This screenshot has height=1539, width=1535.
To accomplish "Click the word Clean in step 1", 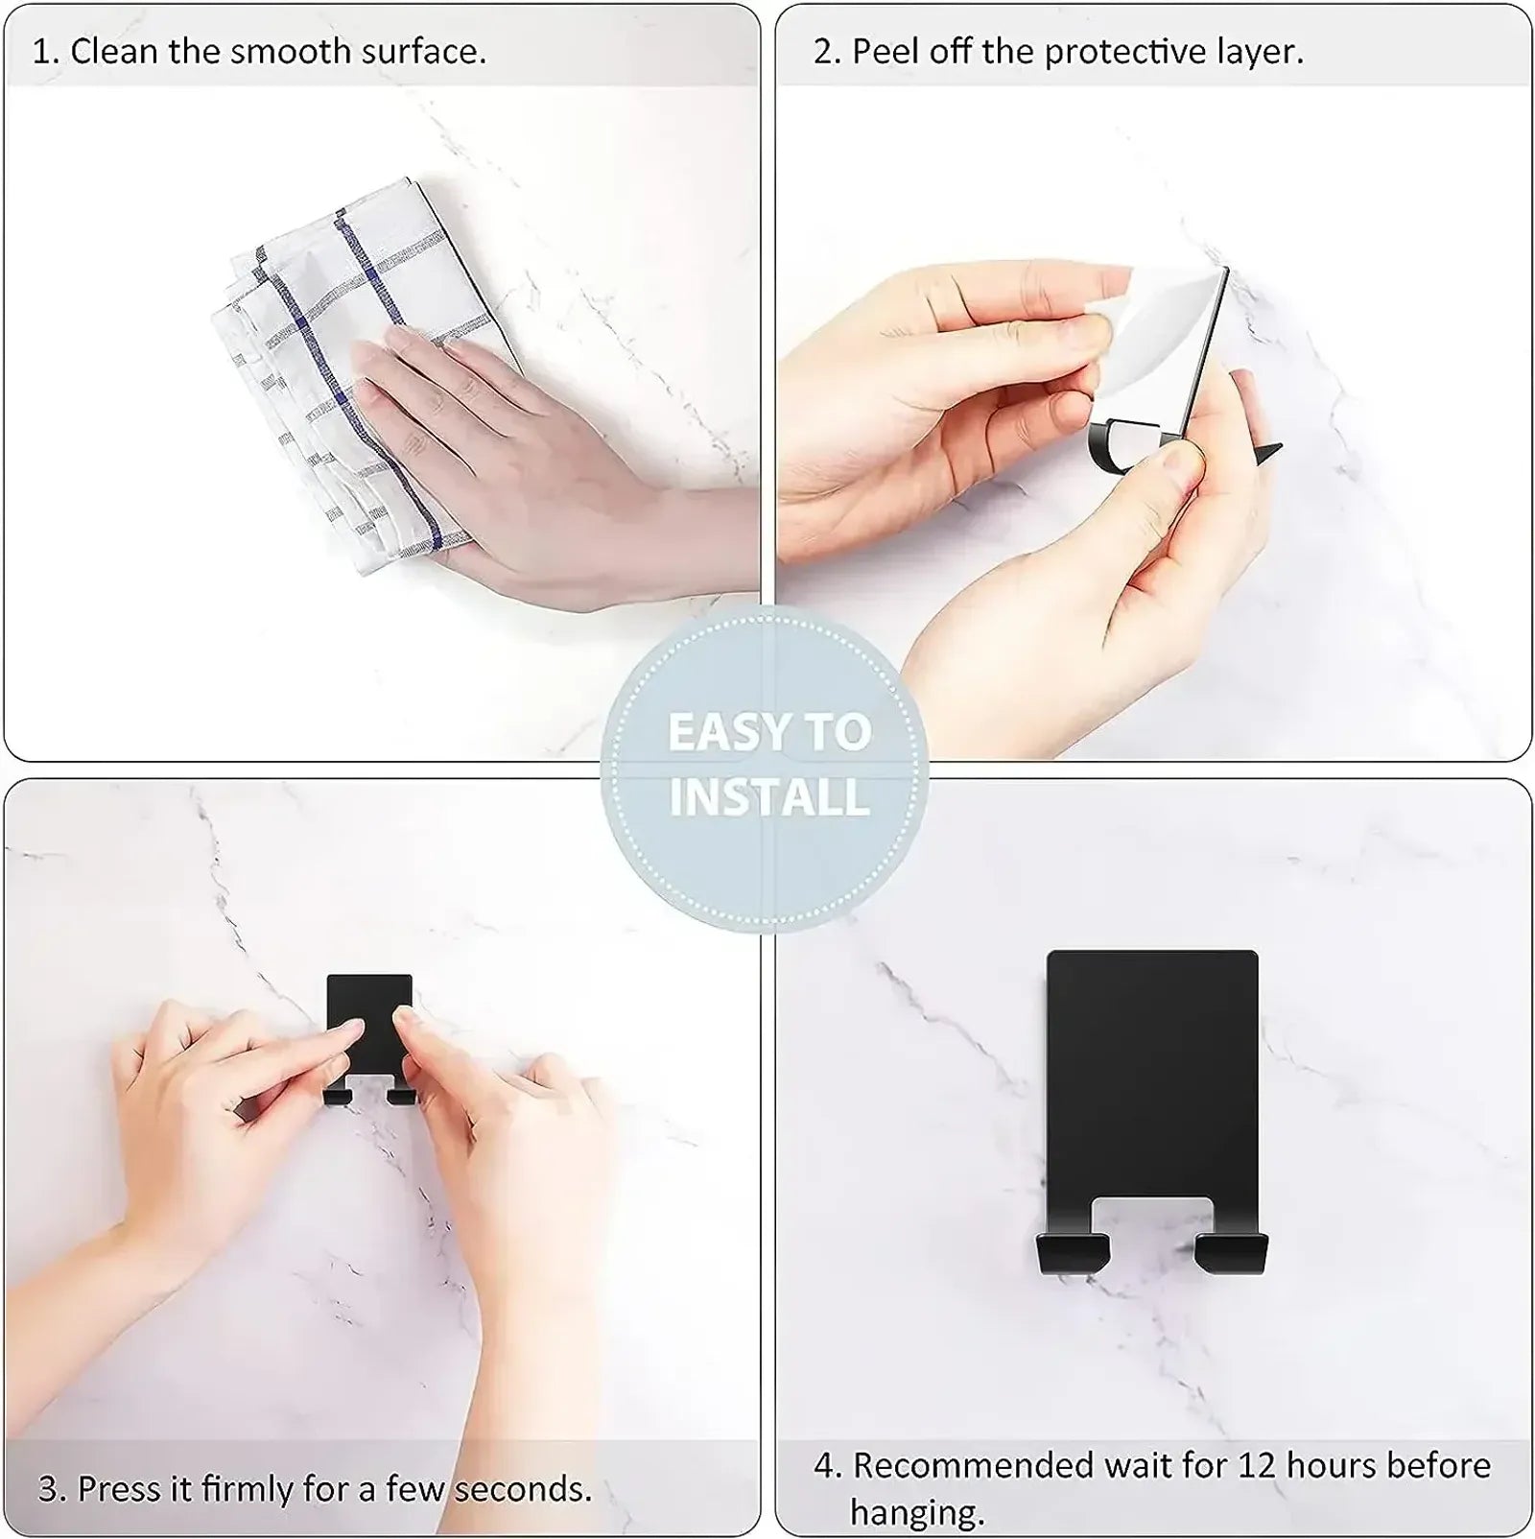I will pos(114,51).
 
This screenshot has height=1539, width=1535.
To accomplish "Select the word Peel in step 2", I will pos(884,51).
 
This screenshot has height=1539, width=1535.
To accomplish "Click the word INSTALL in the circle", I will pos(769,798).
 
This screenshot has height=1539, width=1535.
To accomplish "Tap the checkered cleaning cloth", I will pos(317,317).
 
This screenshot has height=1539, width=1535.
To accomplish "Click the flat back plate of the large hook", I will pos(1151,1075).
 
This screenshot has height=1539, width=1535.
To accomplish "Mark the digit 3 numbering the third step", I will pos(48,1488).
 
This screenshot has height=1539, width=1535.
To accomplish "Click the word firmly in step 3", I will pos(246,1488).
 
